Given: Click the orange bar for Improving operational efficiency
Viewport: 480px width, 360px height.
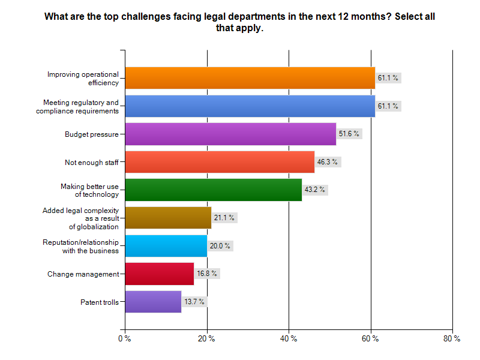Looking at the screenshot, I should [x=250, y=77].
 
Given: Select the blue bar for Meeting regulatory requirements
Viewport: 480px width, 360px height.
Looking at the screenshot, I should [x=250, y=106].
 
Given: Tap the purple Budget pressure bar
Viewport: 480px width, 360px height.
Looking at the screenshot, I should [x=230, y=134].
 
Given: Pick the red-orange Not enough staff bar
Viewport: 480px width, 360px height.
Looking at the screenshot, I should [x=220, y=162].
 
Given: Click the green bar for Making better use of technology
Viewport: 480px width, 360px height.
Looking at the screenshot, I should [x=213, y=190].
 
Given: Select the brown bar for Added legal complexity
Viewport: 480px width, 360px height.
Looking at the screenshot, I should [x=168, y=217].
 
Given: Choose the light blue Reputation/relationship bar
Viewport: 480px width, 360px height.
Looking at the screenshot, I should [x=166, y=245].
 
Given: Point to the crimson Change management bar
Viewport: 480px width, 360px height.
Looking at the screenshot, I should [x=159, y=274].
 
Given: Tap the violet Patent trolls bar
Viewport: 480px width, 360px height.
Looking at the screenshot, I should [x=153, y=301].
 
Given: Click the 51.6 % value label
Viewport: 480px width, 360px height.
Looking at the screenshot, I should [x=349, y=134].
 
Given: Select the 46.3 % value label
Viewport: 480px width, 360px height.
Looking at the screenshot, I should [x=327, y=162].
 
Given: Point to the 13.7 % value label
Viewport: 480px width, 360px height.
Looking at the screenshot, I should [x=194, y=301].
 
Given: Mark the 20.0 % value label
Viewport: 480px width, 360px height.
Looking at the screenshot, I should [x=220, y=245].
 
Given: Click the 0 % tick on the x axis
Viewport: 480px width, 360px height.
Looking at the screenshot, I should [x=124, y=339].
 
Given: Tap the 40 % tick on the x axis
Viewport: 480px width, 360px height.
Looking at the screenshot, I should [x=289, y=339].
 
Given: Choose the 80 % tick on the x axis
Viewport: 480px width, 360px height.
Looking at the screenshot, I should [x=452, y=339].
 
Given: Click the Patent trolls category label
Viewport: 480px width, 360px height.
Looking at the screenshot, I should [x=99, y=302].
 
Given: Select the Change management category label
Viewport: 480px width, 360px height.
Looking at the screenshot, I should [x=83, y=274].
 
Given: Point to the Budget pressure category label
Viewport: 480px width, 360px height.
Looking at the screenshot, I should [x=91, y=134].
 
